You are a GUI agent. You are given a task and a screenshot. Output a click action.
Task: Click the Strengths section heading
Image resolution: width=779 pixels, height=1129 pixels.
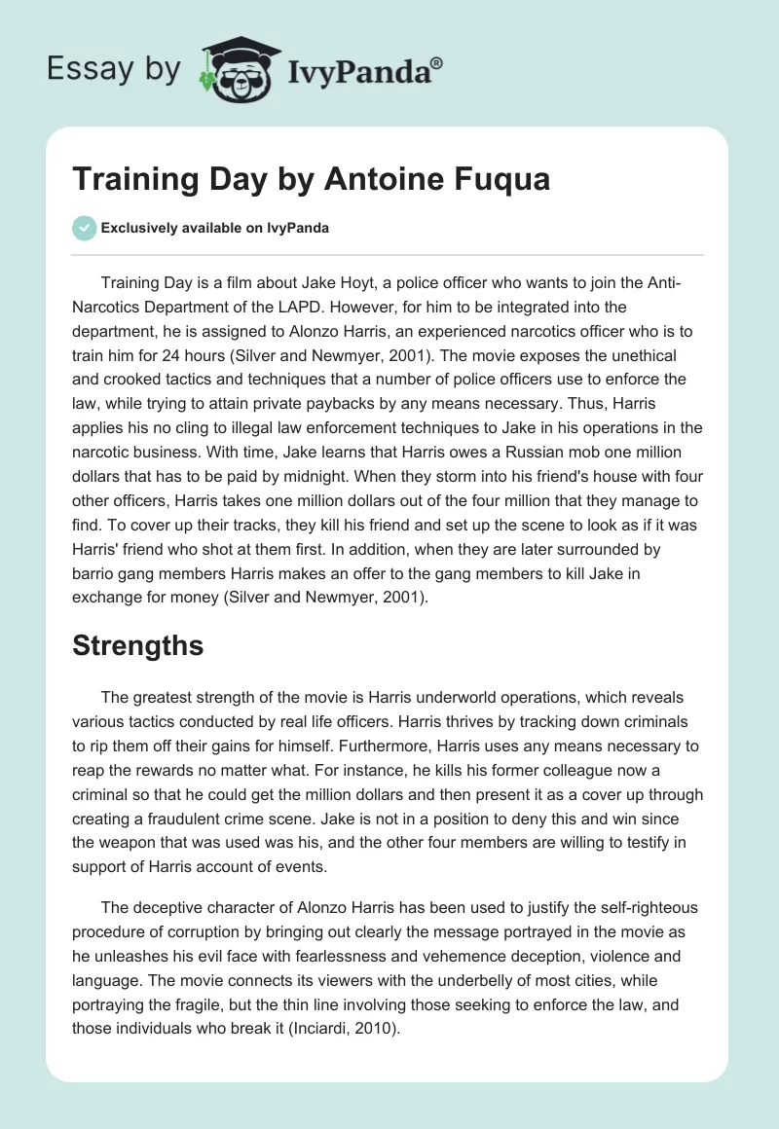point(137,645)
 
